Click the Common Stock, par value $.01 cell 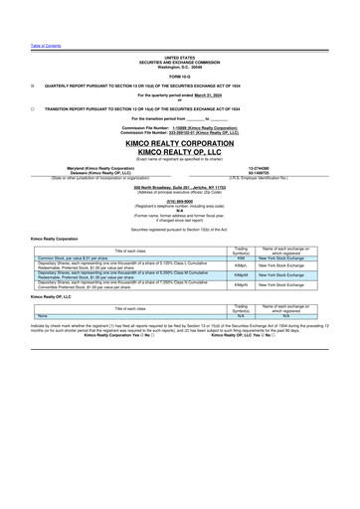79,257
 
